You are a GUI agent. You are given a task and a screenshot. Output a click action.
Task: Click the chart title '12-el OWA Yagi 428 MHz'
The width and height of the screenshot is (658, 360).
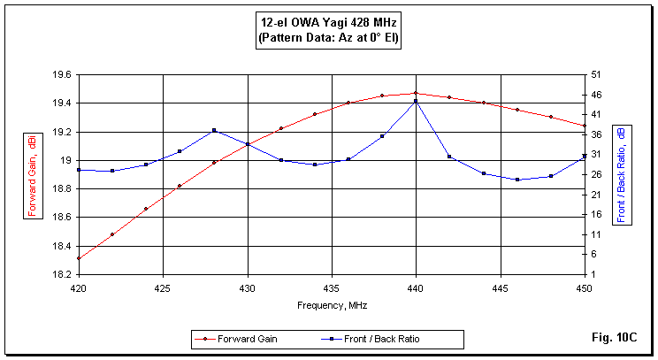click(330, 25)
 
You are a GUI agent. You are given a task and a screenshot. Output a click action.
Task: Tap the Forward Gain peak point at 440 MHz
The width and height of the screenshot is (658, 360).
click(416, 93)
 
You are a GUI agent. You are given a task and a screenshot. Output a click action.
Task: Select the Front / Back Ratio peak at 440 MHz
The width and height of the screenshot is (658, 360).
click(416, 101)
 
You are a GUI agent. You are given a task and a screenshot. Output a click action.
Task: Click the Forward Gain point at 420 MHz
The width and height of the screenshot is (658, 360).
click(79, 258)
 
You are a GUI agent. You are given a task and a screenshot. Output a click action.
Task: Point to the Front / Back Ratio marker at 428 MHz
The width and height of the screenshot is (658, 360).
click(214, 130)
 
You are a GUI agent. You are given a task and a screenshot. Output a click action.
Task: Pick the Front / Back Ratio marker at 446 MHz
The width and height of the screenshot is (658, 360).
click(517, 180)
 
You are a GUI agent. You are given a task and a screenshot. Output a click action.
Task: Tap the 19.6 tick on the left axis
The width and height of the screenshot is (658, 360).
click(61, 75)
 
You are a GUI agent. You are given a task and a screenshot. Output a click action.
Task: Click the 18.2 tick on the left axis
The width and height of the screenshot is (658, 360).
click(61, 273)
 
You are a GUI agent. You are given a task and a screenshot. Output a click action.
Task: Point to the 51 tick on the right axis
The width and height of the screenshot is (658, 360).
click(597, 75)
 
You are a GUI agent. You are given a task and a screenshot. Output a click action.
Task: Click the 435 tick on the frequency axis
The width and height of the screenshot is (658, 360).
click(332, 287)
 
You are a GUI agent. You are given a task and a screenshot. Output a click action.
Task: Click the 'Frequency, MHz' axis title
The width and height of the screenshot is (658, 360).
click(332, 304)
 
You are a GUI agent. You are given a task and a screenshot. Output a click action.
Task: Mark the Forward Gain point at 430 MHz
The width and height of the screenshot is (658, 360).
click(248, 144)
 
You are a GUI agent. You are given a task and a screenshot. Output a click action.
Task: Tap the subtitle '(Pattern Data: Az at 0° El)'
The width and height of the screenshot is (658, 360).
click(330, 39)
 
